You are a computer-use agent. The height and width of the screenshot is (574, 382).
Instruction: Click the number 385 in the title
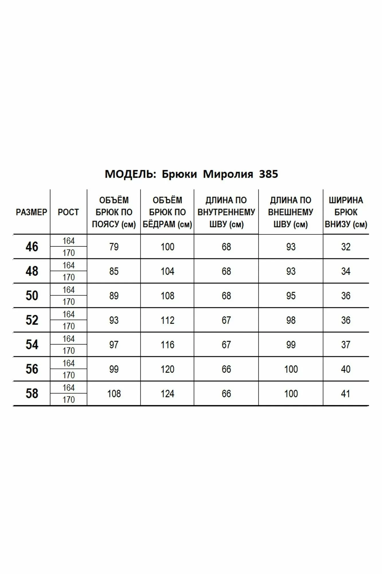pyautogui.click(x=268, y=174)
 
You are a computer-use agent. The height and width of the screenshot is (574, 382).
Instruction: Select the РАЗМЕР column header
pyautogui.click(x=32, y=212)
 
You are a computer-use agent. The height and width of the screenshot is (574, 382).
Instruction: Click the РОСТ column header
pyautogui.click(x=68, y=212)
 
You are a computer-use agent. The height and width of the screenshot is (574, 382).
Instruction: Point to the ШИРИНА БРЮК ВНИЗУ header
pyautogui.click(x=346, y=212)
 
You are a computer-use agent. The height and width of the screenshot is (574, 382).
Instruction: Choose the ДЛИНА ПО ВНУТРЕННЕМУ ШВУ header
pyautogui.click(x=226, y=212)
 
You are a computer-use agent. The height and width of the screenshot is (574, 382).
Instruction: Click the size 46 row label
pyautogui.click(x=32, y=247)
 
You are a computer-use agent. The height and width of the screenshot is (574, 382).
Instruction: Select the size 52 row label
pyautogui.click(x=32, y=320)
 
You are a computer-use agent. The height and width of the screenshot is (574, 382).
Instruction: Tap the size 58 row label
pyautogui.click(x=32, y=393)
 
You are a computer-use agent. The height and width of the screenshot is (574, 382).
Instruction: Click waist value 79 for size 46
pyautogui.click(x=114, y=247)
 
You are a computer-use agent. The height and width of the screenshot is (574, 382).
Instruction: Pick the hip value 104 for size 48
pyautogui.click(x=167, y=271)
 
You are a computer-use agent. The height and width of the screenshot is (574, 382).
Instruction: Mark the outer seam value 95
pyautogui.click(x=291, y=296)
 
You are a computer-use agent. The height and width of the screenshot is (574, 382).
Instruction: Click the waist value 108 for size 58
pyautogui.click(x=114, y=394)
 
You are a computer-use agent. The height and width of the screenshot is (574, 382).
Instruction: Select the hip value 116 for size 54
pyautogui.click(x=167, y=345)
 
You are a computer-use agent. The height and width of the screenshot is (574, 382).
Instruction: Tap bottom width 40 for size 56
pyautogui.click(x=346, y=369)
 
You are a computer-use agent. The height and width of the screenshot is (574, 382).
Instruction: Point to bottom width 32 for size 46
pyautogui.click(x=346, y=247)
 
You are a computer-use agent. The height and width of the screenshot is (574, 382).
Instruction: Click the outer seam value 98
pyautogui.click(x=291, y=320)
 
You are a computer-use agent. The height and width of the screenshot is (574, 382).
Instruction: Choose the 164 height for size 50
pyautogui.click(x=68, y=290)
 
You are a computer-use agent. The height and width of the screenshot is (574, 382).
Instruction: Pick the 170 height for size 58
pyautogui.click(x=68, y=400)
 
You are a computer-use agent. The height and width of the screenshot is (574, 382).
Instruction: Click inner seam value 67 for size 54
pyautogui.click(x=226, y=345)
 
